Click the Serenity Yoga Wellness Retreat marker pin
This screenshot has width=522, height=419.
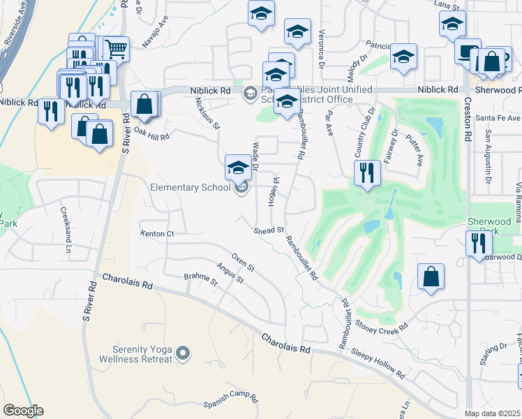pyautogui.click(x=183, y=353)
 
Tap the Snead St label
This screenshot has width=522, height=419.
pyautogui.click(x=269, y=230)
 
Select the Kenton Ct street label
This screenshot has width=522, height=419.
pyautogui.click(x=156, y=233)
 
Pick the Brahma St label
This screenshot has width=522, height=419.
pyautogui.click(x=201, y=279)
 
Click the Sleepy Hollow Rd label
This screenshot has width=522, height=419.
pyautogui.click(x=378, y=363)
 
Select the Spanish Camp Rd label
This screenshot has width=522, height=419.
pyautogui.click(x=231, y=400)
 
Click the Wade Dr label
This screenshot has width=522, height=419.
pyautogui.click(x=255, y=156)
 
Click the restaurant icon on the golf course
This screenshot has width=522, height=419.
pyautogui.click(x=367, y=172)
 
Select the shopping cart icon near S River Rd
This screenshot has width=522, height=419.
pyautogui.click(x=117, y=49)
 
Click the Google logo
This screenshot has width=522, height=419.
pyautogui.click(x=23, y=411)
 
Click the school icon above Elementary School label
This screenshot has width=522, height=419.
pyautogui.click(x=238, y=168)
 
